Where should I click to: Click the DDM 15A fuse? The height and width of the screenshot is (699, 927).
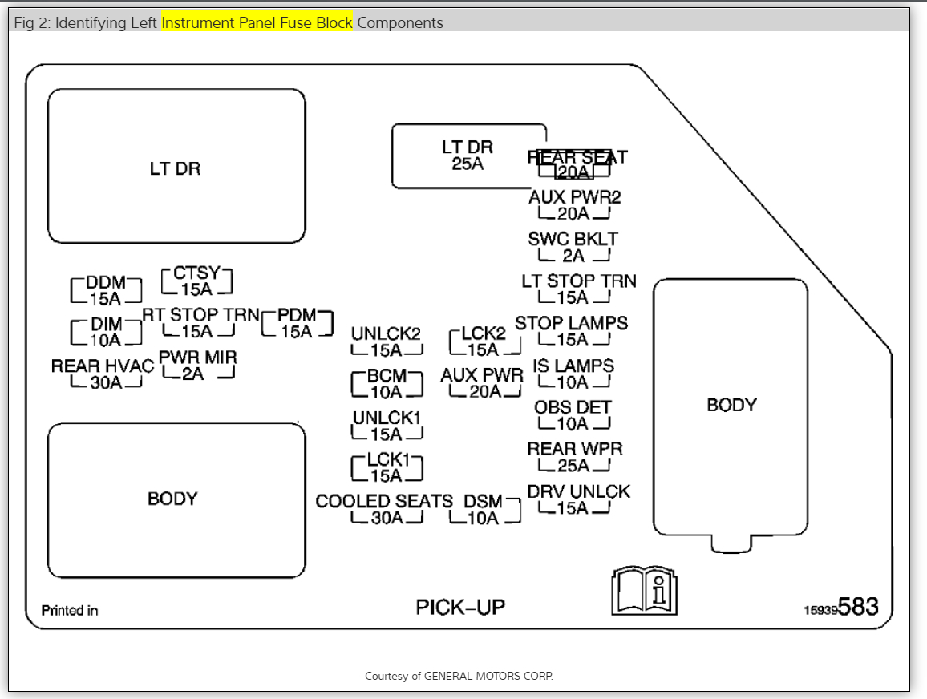(105, 291)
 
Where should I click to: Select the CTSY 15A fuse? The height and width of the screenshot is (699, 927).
(196, 281)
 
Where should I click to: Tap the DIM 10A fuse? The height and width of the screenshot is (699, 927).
(106, 332)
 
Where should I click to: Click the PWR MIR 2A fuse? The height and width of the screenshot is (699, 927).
(197, 366)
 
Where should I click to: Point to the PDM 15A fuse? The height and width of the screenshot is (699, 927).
(297, 323)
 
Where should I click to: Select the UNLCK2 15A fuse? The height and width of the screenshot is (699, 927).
(387, 342)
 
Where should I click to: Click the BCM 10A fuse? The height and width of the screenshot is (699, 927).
(387, 384)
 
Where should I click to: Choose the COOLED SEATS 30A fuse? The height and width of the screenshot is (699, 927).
(386, 510)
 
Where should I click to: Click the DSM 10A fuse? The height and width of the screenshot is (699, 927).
(484, 510)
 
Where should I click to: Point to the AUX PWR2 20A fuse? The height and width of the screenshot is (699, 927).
(574, 205)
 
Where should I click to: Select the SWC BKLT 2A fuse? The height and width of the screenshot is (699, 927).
(573, 248)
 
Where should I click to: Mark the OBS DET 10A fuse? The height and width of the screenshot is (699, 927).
(573, 415)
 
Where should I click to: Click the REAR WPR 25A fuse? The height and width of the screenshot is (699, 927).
(574, 458)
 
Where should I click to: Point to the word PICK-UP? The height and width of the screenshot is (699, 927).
(460, 608)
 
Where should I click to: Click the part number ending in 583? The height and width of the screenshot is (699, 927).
(841, 608)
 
